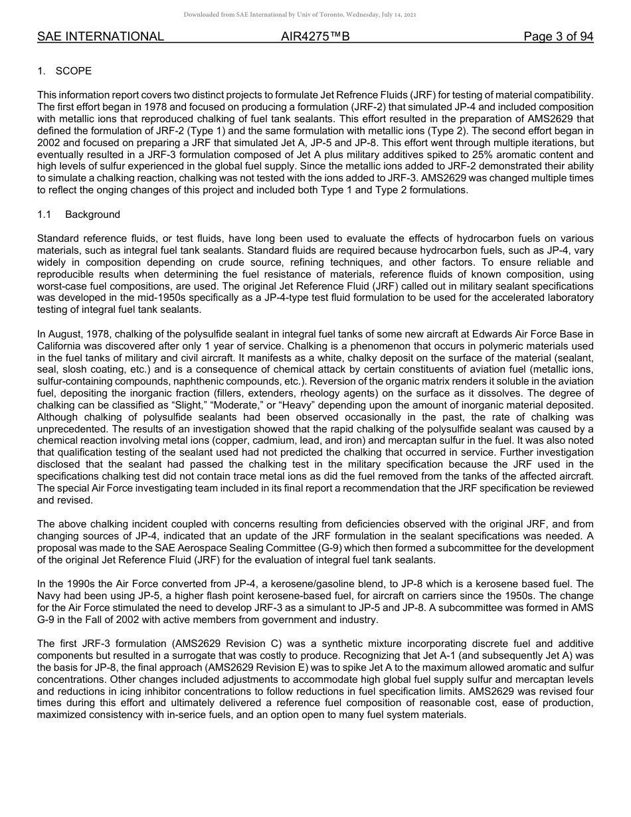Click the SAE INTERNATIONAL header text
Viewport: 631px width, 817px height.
pos(100,37)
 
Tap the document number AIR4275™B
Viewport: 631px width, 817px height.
pos(315,37)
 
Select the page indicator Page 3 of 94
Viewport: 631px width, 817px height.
pos(558,37)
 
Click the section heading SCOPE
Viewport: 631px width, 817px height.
pos(74,71)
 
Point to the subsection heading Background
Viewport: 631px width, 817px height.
pos(92,215)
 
